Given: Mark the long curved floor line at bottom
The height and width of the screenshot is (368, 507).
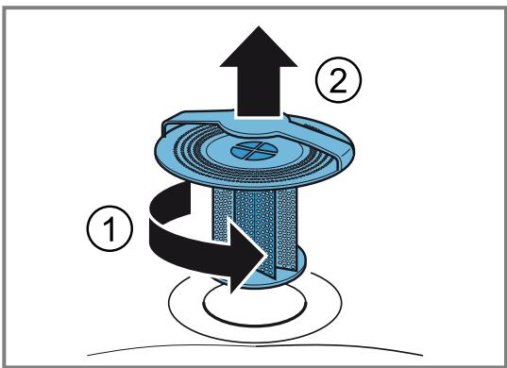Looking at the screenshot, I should click(255, 346).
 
